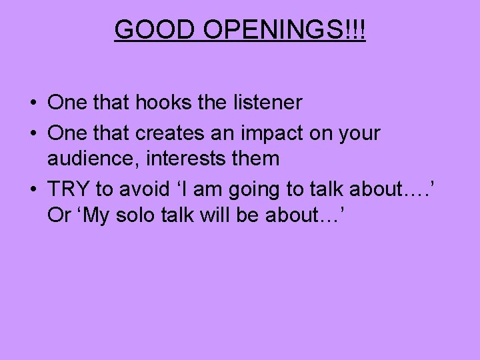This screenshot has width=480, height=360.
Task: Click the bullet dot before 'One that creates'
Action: click(33, 134)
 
